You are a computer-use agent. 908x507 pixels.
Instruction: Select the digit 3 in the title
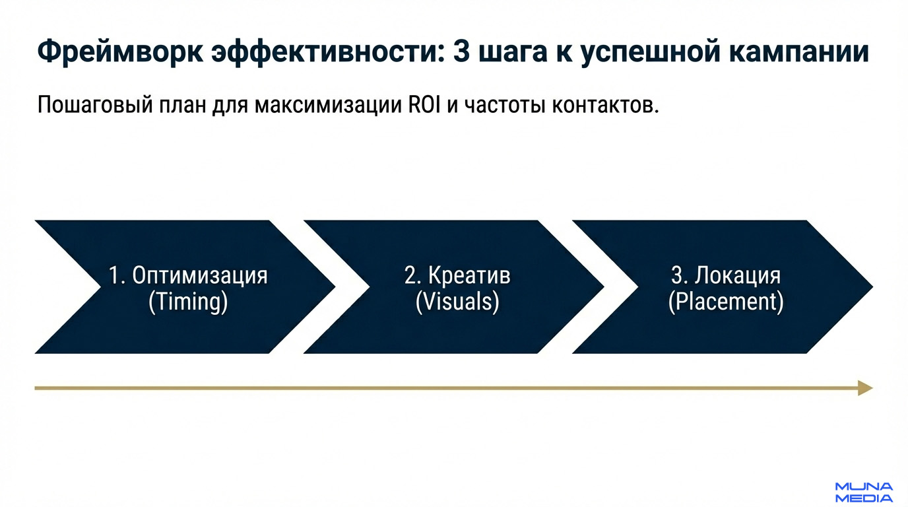463,52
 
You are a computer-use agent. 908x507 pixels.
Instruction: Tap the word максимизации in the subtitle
324,106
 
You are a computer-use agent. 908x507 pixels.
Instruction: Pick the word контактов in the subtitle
604,106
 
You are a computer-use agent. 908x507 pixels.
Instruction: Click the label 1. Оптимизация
188,275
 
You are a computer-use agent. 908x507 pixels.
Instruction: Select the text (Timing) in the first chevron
188,302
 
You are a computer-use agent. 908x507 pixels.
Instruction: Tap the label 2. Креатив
457,275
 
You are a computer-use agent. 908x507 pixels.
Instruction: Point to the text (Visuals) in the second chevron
457,302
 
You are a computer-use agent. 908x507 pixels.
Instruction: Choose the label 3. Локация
726,275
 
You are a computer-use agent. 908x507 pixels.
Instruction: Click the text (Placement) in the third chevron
726,302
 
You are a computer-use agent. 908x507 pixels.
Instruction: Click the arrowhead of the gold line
866,388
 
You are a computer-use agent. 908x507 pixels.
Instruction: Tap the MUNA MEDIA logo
864,492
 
